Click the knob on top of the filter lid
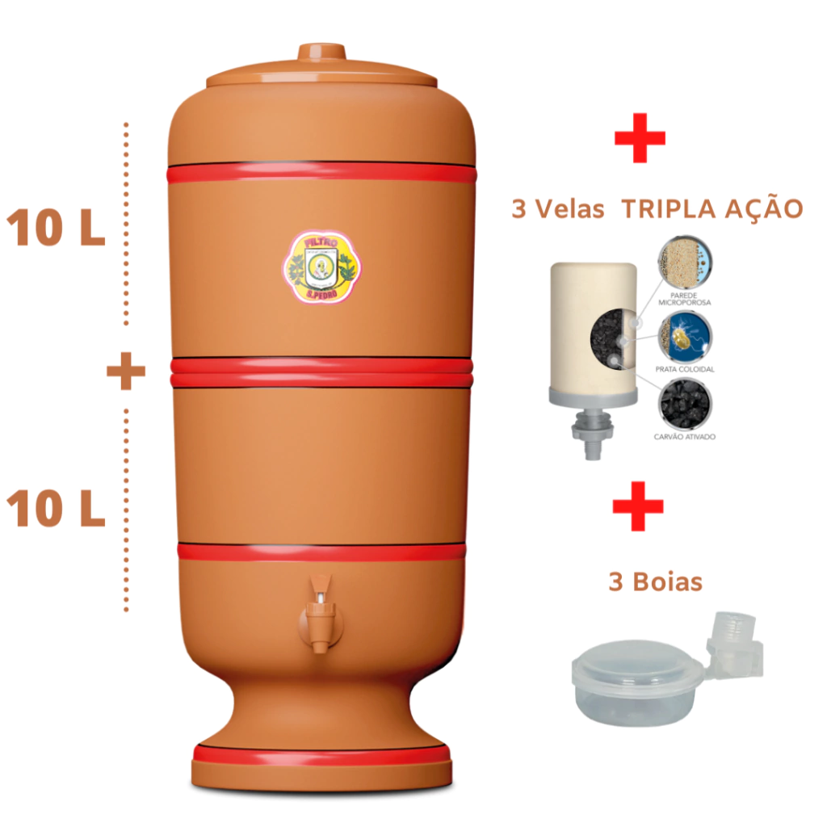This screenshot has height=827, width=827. coord(321,53)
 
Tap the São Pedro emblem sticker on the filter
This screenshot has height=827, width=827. coord(321,269)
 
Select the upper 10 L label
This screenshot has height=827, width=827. coord(56,229)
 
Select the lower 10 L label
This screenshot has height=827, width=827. coord(56,510)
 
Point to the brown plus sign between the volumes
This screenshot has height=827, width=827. coord(126,372)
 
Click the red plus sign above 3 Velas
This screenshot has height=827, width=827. coord(640,138)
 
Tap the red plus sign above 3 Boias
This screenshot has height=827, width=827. coord(638,506)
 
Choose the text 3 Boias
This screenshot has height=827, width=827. coord(655,581)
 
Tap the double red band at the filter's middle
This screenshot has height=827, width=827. coord(321,372)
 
